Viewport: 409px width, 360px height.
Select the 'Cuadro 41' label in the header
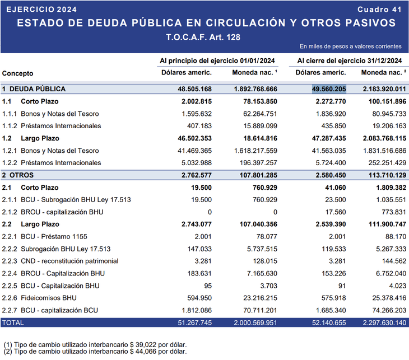(379, 10)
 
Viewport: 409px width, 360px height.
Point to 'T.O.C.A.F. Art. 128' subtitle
(204, 38)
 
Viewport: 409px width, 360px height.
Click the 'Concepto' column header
(17, 73)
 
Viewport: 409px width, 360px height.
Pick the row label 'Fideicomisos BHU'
(48, 298)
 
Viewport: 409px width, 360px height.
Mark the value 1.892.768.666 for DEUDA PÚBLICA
(255, 89)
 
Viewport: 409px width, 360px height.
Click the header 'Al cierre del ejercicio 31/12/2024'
(349, 60)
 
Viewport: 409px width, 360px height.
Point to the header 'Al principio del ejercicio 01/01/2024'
(217, 60)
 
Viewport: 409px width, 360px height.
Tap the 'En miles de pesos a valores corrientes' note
(350, 46)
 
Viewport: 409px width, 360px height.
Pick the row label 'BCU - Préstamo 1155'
(54, 236)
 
